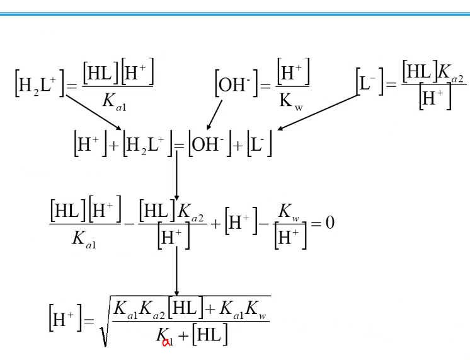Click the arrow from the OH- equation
click(x=215, y=115)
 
